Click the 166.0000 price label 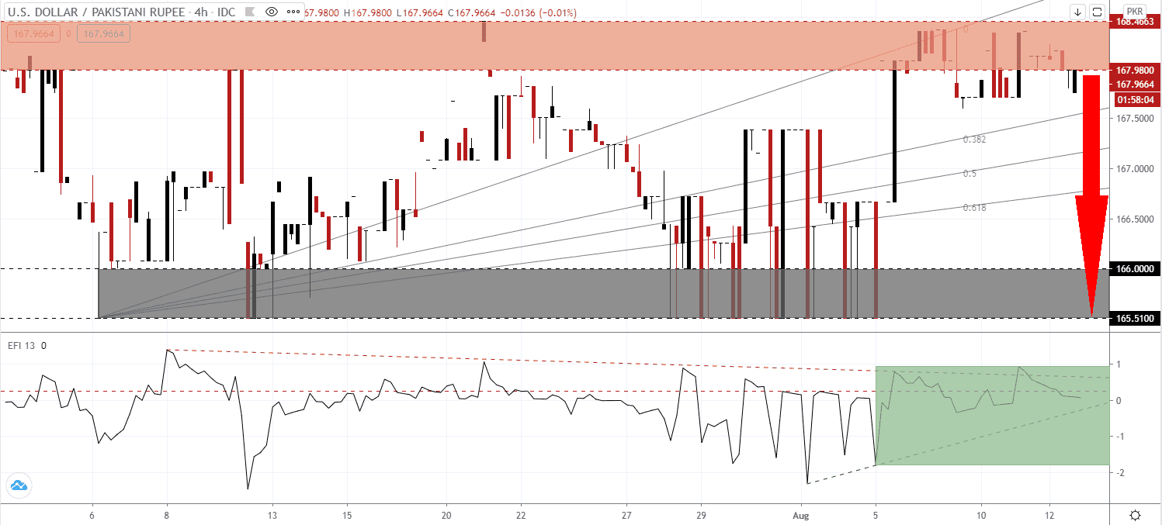coord(1134,268)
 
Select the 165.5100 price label coord(1134,318)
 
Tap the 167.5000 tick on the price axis coord(1134,119)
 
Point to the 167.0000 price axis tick coord(1134,168)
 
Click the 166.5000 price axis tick coord(1134,219)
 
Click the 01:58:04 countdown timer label coord(1134,100)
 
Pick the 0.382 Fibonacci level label coord(974,140)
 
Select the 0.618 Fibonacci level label coord(974,208)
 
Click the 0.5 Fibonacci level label coord(969,174)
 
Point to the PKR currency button coord(1134,12)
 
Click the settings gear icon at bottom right coord(1135,515)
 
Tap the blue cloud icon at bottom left coord(17,486)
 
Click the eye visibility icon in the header coord(272,12)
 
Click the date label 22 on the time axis coord(521,515)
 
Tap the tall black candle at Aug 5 coord(894,132)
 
